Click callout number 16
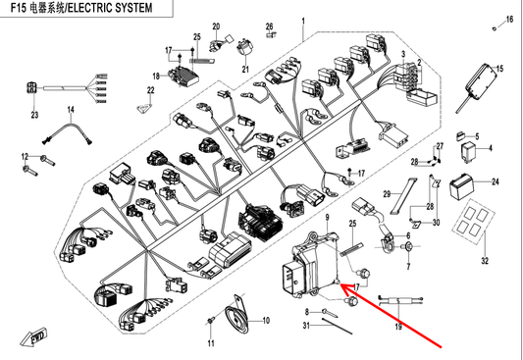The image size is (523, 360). (x=509, y=19)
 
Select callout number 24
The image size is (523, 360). (x=495, y=182)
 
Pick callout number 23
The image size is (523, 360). (x=32, y=116)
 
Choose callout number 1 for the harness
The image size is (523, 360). (x=302, y=21)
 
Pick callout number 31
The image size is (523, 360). (x=305, y=325)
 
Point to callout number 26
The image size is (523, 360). (x=269, y=26)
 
